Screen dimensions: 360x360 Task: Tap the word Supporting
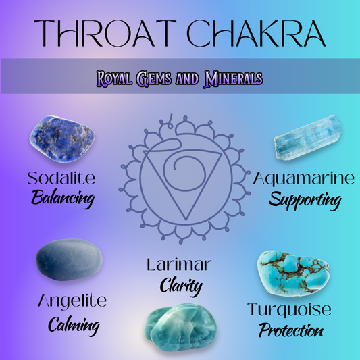[305, 201]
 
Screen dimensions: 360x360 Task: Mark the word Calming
[74, 326]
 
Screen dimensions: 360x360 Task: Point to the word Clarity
[181, 285]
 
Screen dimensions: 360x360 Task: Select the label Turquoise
[289, 310]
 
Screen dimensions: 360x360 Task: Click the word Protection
[291, 330]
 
